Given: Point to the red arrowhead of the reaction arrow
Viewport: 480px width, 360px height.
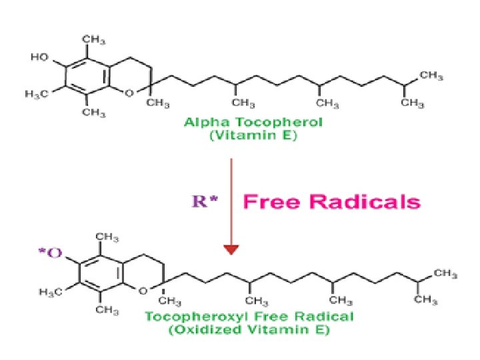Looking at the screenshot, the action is [x=231, y=249].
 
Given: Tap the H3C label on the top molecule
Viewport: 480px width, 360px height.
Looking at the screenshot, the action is [x=40, y=93].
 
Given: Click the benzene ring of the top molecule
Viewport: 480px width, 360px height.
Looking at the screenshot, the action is [x=87, y=75].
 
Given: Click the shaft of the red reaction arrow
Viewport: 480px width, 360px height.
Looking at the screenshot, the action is [x=231, y=200].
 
